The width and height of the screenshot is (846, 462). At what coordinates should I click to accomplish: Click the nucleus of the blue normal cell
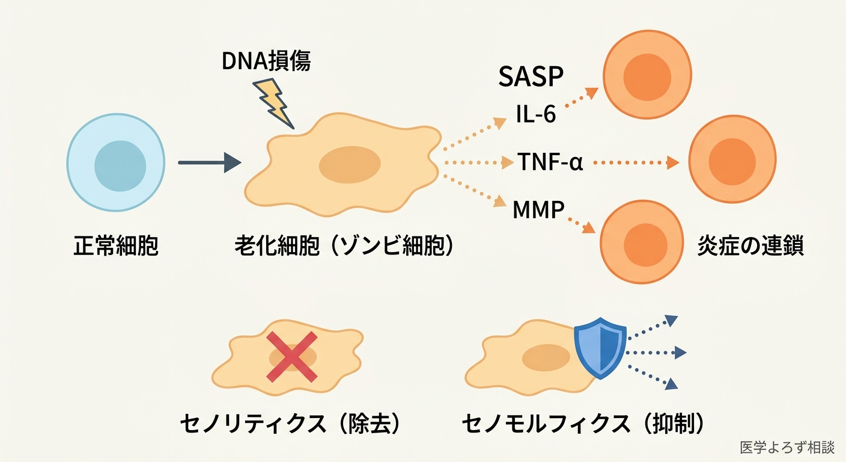pos(120,165)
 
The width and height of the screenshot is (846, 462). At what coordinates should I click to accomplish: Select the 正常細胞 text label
pos(116,247)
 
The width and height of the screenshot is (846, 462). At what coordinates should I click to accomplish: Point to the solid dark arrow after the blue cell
pos(209,162)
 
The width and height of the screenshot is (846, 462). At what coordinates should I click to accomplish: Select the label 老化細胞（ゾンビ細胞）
pos(344,247)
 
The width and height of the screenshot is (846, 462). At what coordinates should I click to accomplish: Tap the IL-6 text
pos(536,114)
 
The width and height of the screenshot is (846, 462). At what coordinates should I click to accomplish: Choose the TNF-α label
pos(550,162)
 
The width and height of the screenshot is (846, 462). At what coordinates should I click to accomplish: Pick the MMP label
pos(538,210)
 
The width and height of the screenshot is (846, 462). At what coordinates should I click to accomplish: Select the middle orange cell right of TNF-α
pos(731,161)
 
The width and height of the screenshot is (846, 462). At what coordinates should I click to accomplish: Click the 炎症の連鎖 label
pos(750,247)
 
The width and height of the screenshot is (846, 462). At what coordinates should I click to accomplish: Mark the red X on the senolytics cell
pos(292,356)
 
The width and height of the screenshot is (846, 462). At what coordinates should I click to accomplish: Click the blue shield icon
pos(600,351)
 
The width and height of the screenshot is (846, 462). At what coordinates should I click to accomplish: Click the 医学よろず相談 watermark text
pos(787,448)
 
